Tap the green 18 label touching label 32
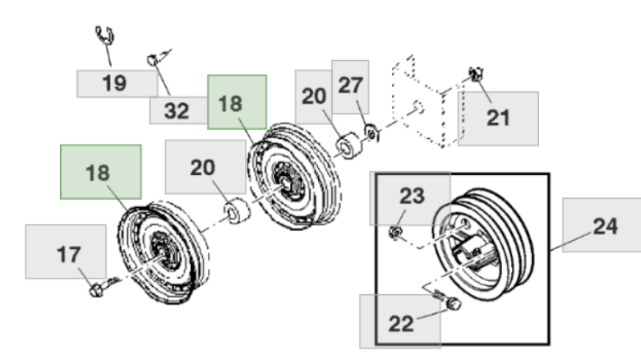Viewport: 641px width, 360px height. pyautogui.click(x=237, y=102)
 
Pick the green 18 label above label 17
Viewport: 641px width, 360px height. pyautogui.click(x=100, y=172)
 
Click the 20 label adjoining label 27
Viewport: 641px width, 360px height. pyautogui.click(x=314, y=96)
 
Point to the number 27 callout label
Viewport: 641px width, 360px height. pyautogui.click(x=350, y=86)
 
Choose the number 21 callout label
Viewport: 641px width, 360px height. pyautogui.click(x=498, y=118)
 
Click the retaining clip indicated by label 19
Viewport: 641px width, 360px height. pyautogui.click(x=104, y=35)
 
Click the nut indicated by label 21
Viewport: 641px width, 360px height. pyautogui.click(x=476, y=74)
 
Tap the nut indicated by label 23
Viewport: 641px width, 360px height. pyautogui.click(x=395, y=233)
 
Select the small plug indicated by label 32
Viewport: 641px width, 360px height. pyautogui.click(x=153, y=60)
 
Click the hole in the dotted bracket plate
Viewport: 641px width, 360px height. pyautogui.click(x=417, y=107)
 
